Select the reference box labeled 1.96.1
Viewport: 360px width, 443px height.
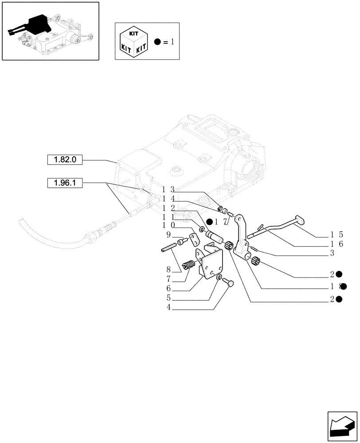click(65, 183)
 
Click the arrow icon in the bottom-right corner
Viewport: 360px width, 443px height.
click(341, 426)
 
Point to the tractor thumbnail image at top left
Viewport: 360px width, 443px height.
click(50, 31)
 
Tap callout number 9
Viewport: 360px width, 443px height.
click(169, 234)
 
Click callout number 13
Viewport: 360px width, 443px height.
click(168, 190)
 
